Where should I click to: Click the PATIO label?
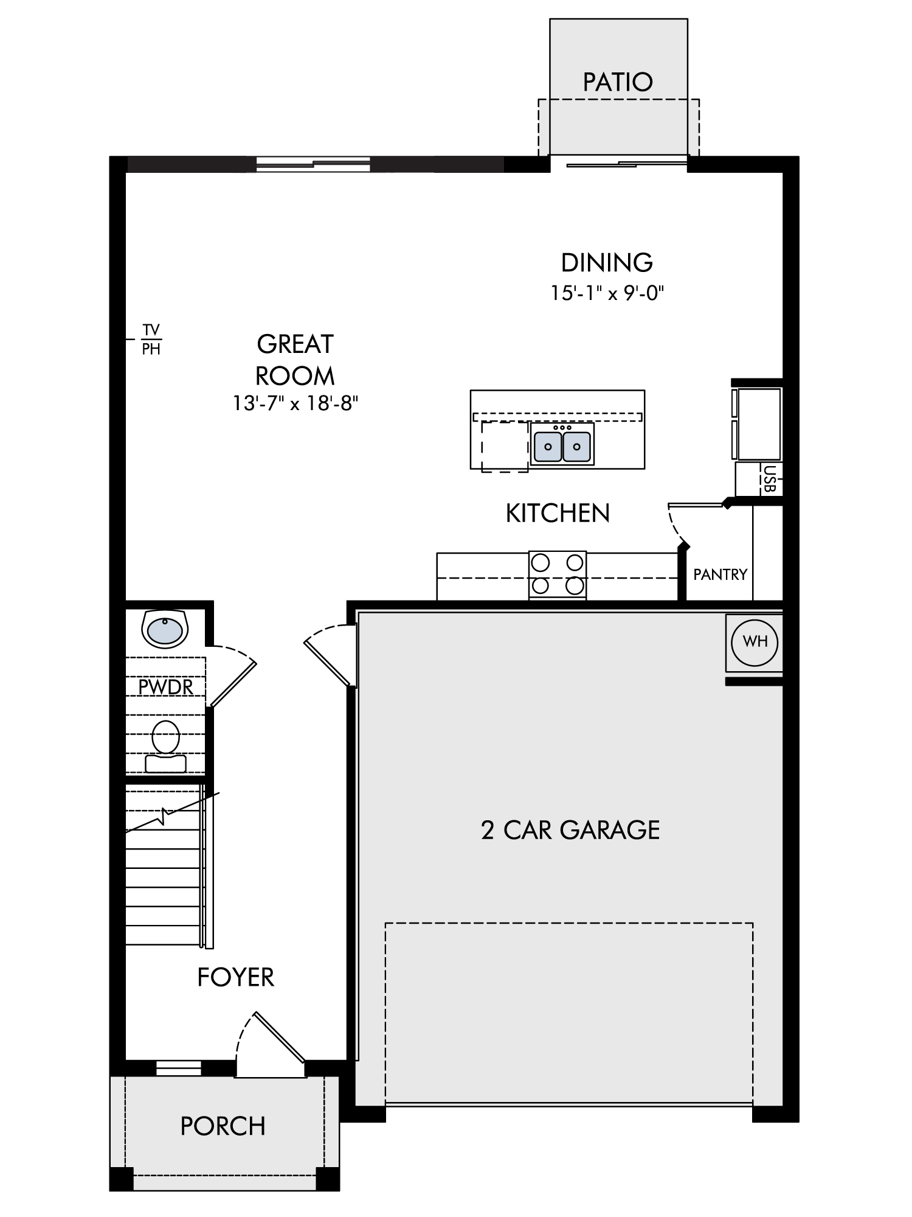tap(618, 82)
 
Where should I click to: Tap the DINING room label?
tap(607, 263)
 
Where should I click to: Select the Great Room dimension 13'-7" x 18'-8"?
tap(295, 403)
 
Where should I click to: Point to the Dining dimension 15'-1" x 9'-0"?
tap(607, 293)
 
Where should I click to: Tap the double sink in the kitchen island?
tap(562, 445)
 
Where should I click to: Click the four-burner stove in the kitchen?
tap(558, 575)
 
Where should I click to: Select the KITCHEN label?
tap(558, 514)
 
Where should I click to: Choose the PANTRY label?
tap(720, 574)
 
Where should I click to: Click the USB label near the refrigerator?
tap(770, 478)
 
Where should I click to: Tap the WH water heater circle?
tap(755, 641)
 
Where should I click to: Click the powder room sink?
tap(165, 629)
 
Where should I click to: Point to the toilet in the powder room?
tap(166, 746)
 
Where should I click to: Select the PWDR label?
tap(165, 687)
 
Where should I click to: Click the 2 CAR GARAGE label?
tap(570, 830)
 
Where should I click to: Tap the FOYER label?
tap(236, 977)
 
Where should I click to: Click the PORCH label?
tap(223, 1126)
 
